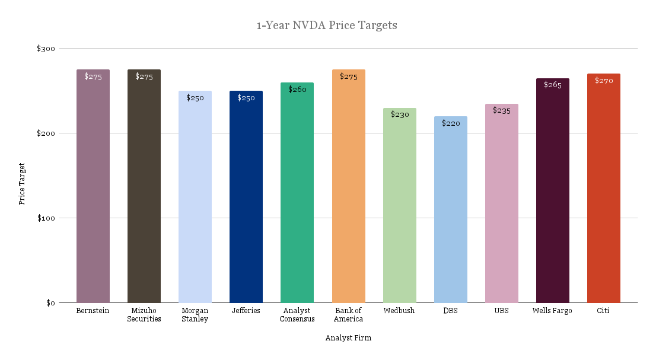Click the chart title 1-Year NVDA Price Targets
tap(327, 26)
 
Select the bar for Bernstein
tap(93, 190)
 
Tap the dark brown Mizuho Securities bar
tap(144, 190)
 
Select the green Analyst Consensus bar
tap(297, 196)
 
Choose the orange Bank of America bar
tap(348, 190)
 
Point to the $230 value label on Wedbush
tap(400, 114)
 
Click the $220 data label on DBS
tap(451, 123)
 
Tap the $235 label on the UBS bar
tap(502, 110)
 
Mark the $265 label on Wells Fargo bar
tap(553, 85)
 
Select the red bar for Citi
tap(604, 190)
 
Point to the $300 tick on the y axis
tap(46, 49)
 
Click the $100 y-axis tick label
tap(46, 218)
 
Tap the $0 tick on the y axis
tap(50, 303)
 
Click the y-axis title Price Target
tap(22, 184)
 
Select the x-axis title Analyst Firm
tap(348, 338)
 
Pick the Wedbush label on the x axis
tap(399, 311)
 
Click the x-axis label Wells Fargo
tap(552, 311)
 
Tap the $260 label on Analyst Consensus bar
tap(297, 89)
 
